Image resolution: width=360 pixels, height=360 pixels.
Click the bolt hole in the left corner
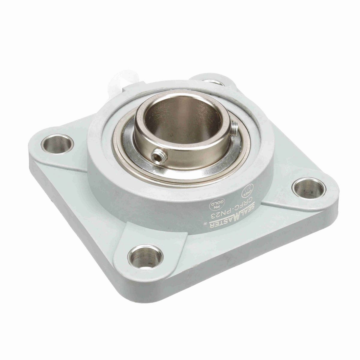click(x=57, y=143)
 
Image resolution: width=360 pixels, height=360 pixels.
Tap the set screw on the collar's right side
click(x=234, y=125)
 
